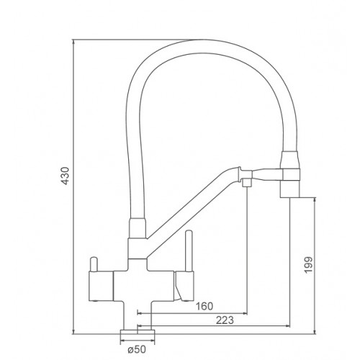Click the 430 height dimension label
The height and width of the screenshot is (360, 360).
coord(65,176)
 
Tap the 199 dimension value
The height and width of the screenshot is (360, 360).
coord(308,264)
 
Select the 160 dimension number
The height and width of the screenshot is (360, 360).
coord(204,306)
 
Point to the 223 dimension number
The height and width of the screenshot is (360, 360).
coord(225,320)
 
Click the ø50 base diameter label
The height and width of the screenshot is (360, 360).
coord(137,349)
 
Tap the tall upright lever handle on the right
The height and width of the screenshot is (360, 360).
coord(189,251)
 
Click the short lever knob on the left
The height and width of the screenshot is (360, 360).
coord(93,264)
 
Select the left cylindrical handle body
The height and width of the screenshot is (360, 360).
coord(101,287)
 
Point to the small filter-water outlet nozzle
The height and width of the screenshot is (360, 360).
coord(247,183)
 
